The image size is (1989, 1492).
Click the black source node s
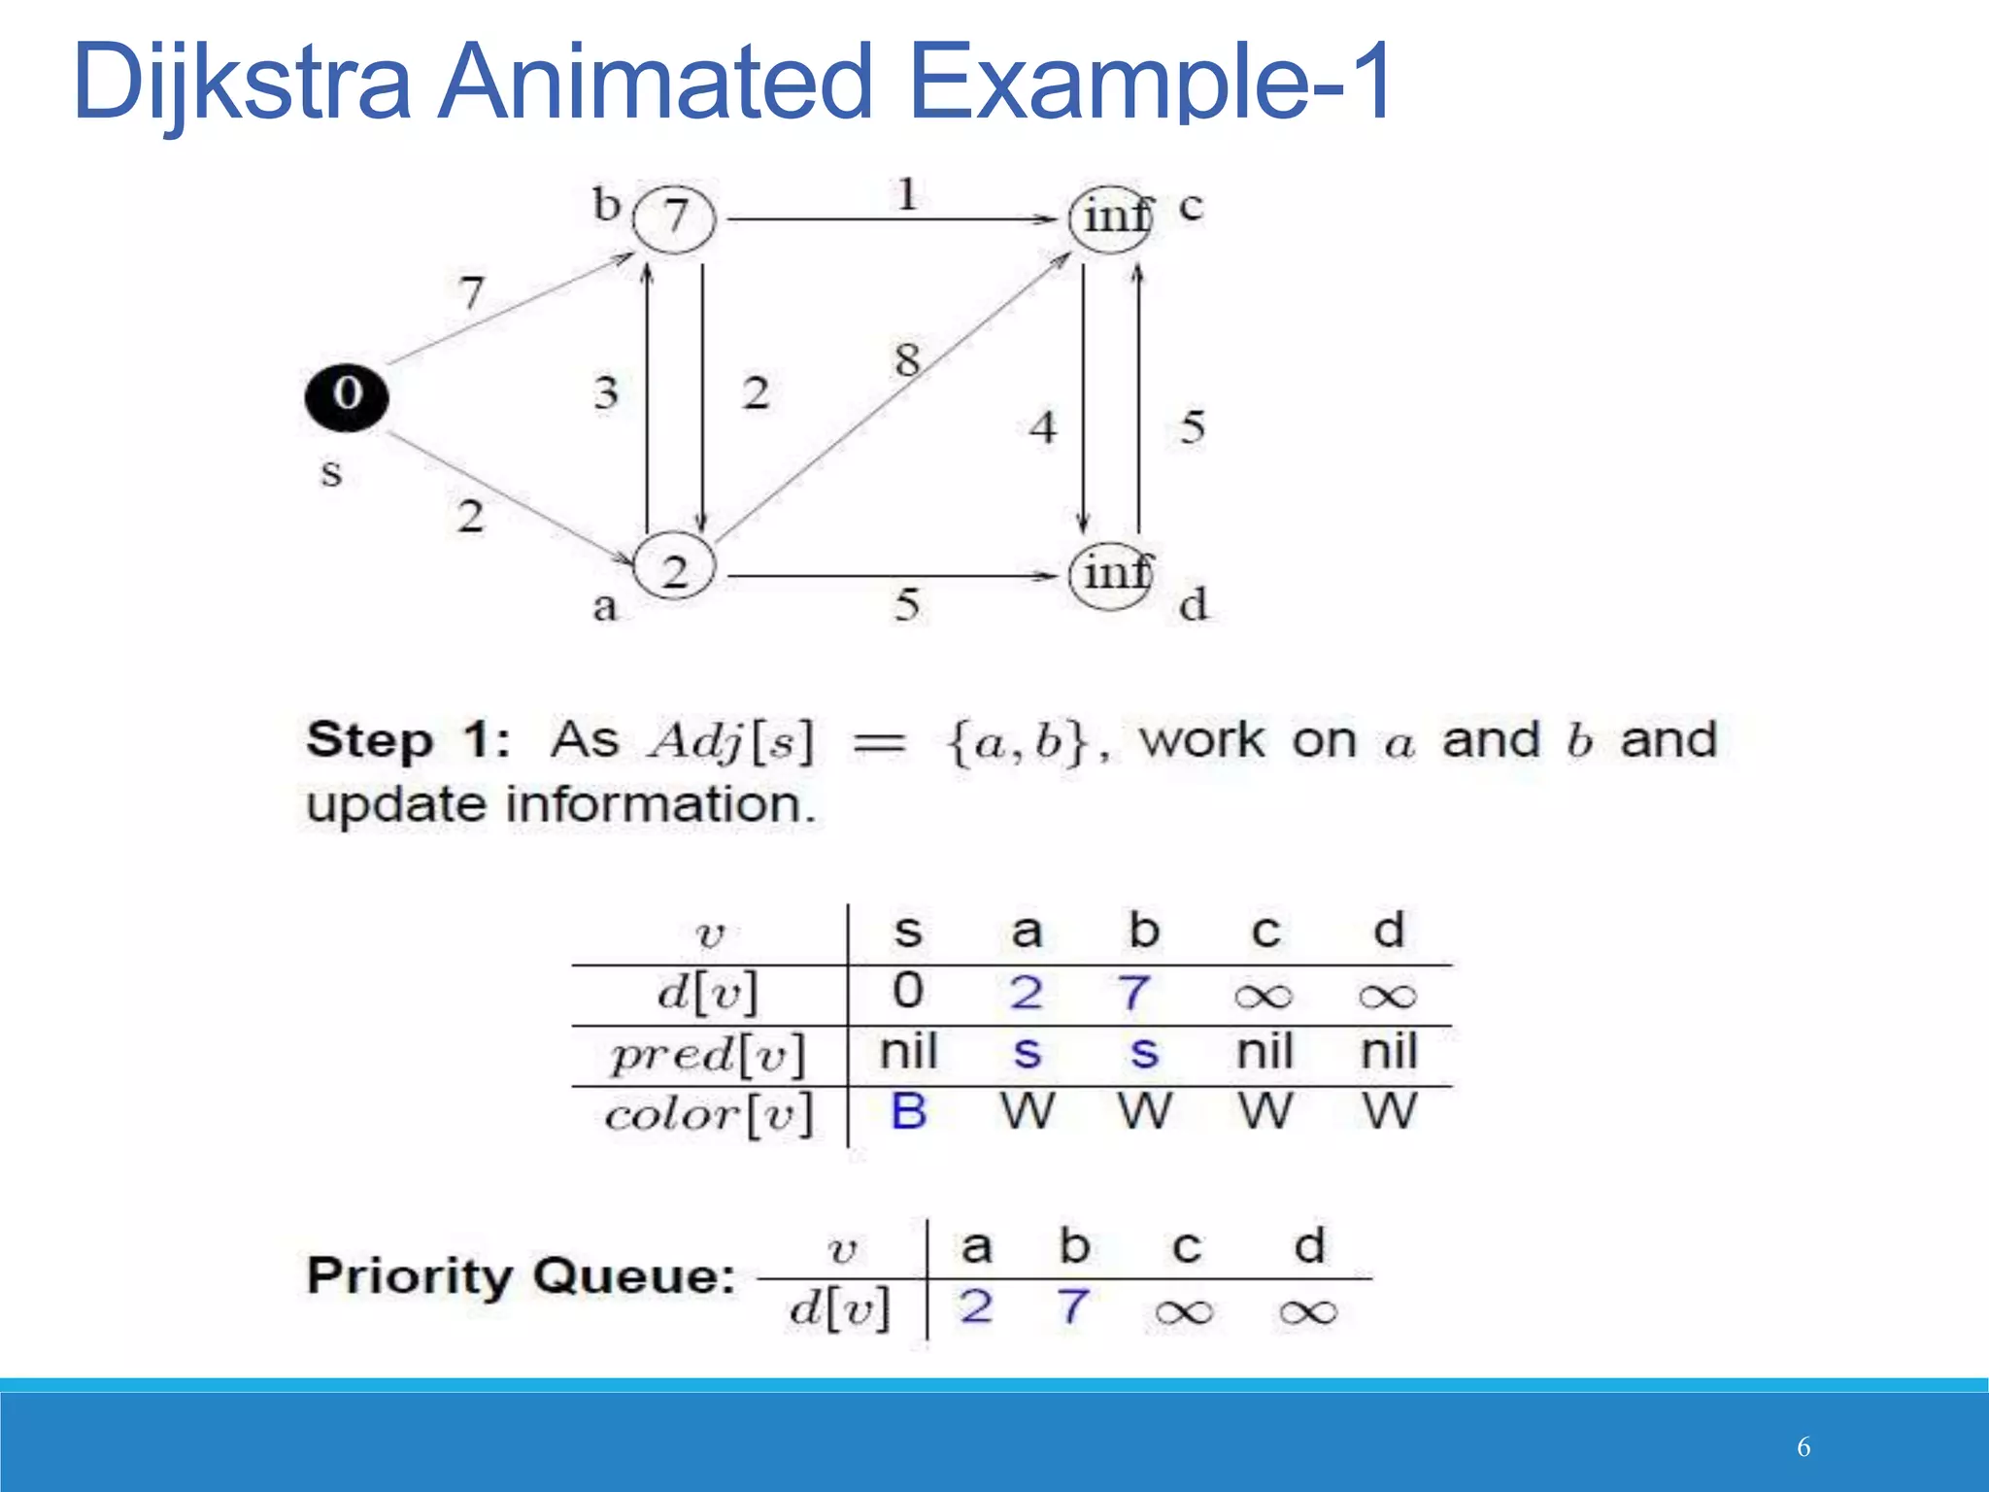click(x=347, y=396)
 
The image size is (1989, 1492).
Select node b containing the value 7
click(x=674, y=219)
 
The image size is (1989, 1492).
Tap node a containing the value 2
click(x=674, y=569)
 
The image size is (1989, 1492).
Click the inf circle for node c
click(x=1111, y=219)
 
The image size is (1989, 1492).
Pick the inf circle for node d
click(x=1111, y=575)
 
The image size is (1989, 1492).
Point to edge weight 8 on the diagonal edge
click(x=907, y=360)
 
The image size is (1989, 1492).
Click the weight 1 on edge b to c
click(x=906, y=194)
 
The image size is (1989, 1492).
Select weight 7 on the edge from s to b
click(x=472, y=291)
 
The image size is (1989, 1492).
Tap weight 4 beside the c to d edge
click(x=1043, y=427)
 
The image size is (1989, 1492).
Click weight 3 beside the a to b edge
click(x=606, y=393)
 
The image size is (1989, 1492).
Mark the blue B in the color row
click(x=908, y=1112)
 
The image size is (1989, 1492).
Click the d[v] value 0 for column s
click(x=908, y=991)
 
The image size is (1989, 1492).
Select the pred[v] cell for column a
click(x=1027, y=1053)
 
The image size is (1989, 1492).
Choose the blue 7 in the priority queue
click(x=1073, y=1306)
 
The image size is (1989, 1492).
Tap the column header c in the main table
click(x=1264, y=932)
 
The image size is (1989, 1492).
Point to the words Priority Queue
click(x=522, y=1275)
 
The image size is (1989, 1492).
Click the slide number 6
click(x=1804, y=1447)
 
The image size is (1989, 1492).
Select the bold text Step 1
click(x=408, y=741)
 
